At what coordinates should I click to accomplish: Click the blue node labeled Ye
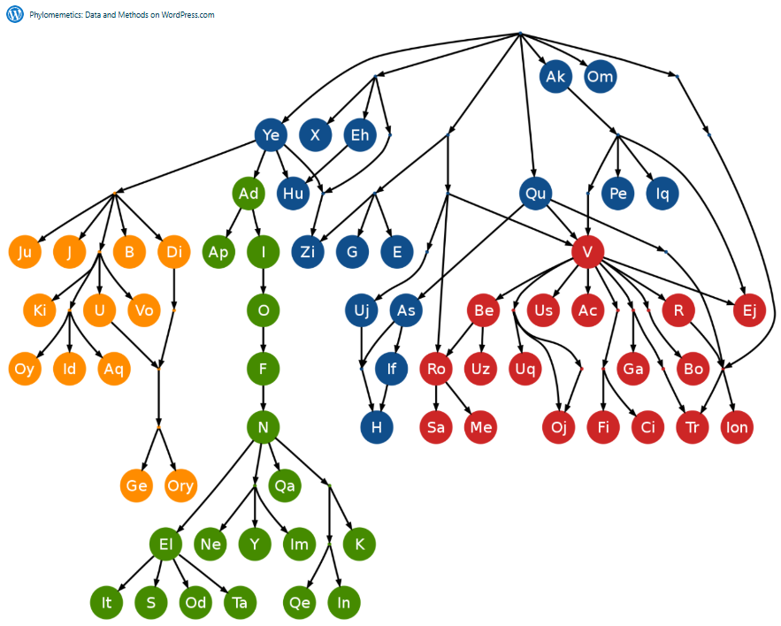tap(271, 135)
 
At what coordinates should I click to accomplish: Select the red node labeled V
tap(587, 252)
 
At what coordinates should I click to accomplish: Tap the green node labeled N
tap(263, 429)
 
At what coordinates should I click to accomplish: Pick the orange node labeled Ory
tap(180, 485)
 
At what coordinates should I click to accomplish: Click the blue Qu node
tap(536, 193)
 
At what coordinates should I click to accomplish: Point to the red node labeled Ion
tap(736, 427)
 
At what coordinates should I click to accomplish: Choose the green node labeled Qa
tap(285, 485)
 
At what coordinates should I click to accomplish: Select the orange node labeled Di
tap(173, 253)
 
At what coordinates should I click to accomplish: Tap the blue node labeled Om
tap(600, 77)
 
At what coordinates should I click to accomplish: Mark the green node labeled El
tap(165, 544)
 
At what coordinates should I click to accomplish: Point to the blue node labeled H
tap(376, 427)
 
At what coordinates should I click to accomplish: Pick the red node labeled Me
tap(481, 427)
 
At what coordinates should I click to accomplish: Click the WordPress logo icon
tap(15, 14)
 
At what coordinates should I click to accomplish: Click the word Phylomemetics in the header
tap(55, 15)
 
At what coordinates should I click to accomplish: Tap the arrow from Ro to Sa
tap(436, 398)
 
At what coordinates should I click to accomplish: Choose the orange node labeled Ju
tap(25, 253)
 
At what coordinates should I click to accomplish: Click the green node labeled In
tap(344, 603)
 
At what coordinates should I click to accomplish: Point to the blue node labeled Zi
tap(307, 252)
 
